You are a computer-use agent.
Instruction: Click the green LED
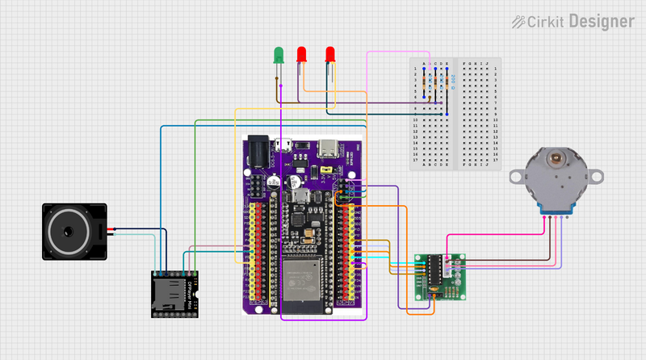279,55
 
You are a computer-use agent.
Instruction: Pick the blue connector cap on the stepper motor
555,211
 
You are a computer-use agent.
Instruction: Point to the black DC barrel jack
258,151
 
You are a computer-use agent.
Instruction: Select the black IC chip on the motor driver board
434,273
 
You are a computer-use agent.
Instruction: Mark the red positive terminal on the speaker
109,229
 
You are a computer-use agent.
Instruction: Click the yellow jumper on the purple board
327,171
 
